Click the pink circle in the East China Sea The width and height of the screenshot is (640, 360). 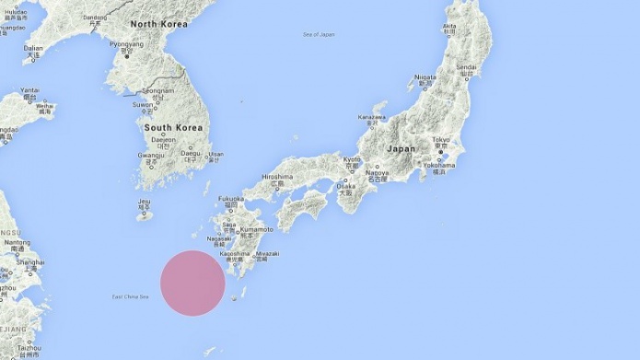[192, 283]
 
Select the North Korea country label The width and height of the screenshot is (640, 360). [157, 24]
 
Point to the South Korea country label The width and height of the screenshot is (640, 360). [172, 127]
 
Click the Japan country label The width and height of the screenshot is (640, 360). [401, 148]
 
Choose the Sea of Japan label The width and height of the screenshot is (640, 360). [319, 35]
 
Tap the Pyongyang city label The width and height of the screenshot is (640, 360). [126, 43]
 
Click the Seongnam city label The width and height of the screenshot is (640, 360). [157, 90]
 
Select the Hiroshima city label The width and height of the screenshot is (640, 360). [277, 176]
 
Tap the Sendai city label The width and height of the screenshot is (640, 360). [467, 67]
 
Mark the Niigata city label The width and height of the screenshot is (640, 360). [425, 77]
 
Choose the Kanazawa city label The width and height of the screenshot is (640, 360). [371, 118]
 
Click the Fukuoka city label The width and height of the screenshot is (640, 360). [231, 198]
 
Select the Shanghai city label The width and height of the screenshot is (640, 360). [29, 261]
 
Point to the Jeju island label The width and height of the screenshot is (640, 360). [144, 202]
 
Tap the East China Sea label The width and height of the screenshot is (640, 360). [131, 296]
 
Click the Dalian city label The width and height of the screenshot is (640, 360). [33, 48]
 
